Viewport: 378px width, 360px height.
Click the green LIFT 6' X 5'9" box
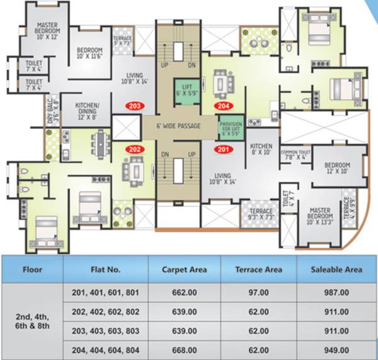click(187, 90)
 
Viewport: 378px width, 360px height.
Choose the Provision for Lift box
click(230, 129)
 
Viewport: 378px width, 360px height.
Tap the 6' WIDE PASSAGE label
click(180, 127)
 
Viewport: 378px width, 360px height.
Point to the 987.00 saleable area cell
click(336, 293)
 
